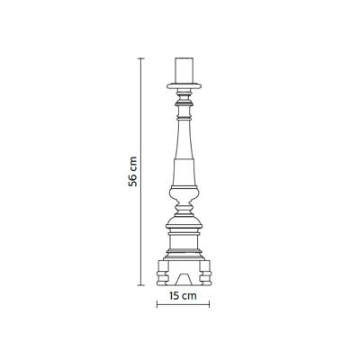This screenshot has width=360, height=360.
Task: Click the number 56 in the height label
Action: (x=132, y=180)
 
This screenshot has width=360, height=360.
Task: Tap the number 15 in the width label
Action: (x=174, y=296)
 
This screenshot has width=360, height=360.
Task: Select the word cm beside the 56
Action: (x=133, y=164)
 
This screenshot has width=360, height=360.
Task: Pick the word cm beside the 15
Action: (x=189, y=296)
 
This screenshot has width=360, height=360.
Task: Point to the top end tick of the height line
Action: (x=141, y=58)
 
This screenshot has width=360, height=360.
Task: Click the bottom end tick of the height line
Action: (x=141, y=285)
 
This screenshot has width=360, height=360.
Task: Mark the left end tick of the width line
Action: (x=157, y=305)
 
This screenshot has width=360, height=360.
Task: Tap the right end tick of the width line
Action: (x=209, y=305)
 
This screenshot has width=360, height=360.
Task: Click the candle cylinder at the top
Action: (x=184, y=69)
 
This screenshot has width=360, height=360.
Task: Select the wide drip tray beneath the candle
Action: (x=184, y=85)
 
